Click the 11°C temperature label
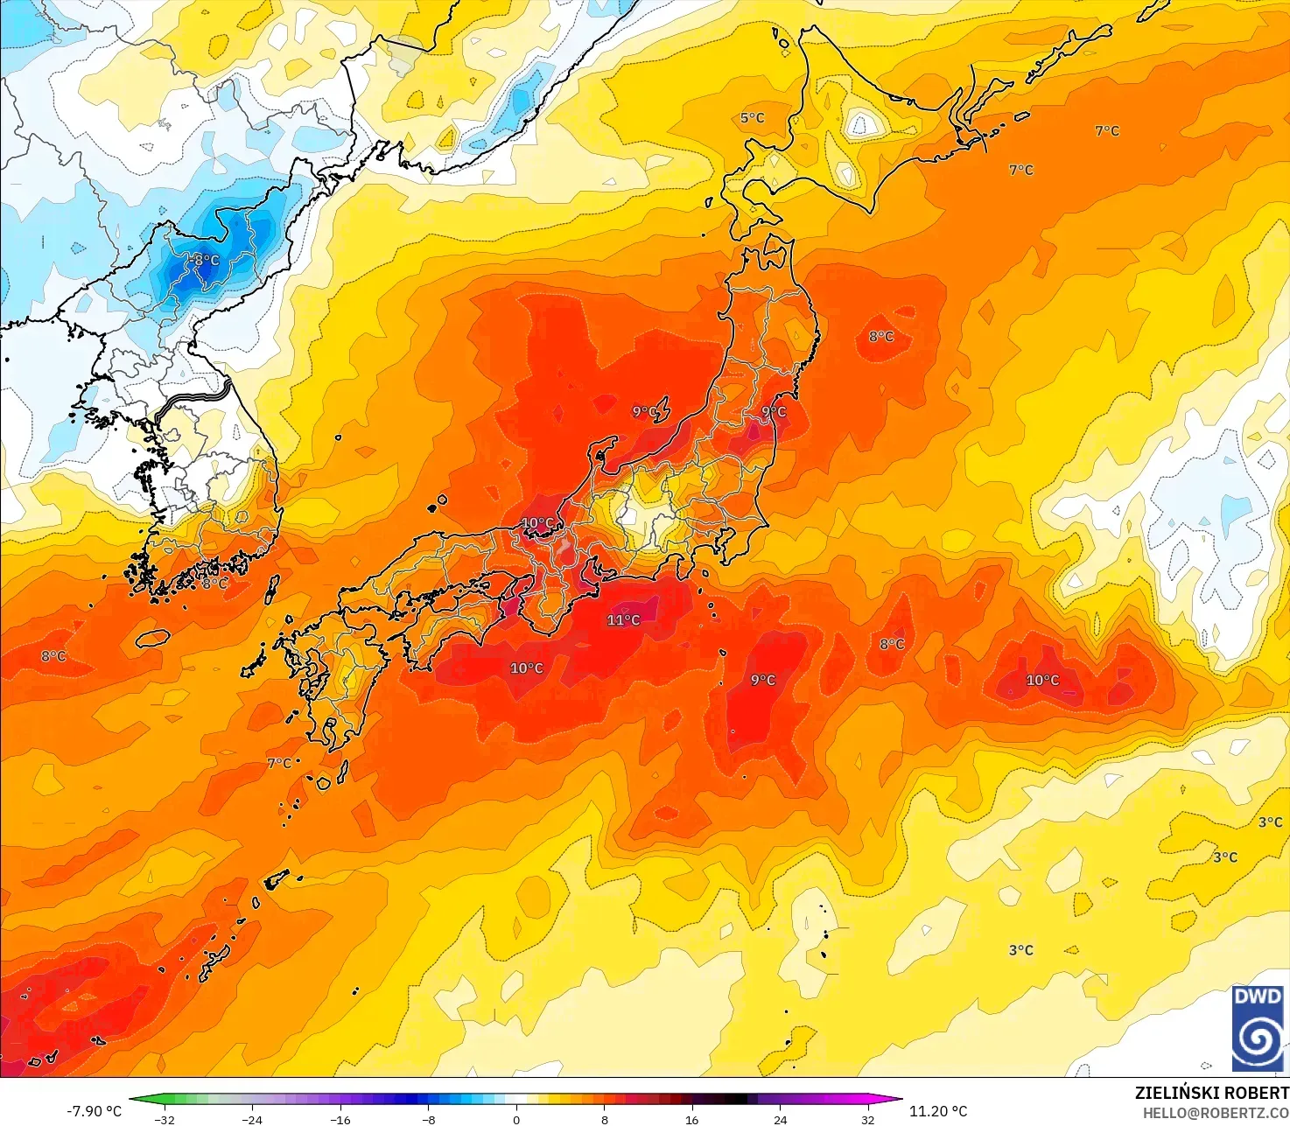pos(623,619)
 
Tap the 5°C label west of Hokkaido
pos(752,117)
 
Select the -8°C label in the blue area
pos(207,260)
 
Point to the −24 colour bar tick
pos(252,1119)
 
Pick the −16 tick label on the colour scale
pos(340,1119)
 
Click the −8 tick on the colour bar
pos(428,1119)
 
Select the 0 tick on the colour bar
pos(516,1119)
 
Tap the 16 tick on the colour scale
pos(692,1119)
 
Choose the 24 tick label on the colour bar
pos(780,1119)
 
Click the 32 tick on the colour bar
pos(867,1119)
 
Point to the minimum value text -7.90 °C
pos(94,1111)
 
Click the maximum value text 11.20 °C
pos(938,1111)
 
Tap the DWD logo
pos(1258,1028)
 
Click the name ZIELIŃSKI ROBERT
pos(1211,1093)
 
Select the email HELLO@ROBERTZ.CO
pos(1216,1112)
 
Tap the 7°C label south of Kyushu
pos(279,763)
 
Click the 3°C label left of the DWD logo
pos(1020,949)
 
